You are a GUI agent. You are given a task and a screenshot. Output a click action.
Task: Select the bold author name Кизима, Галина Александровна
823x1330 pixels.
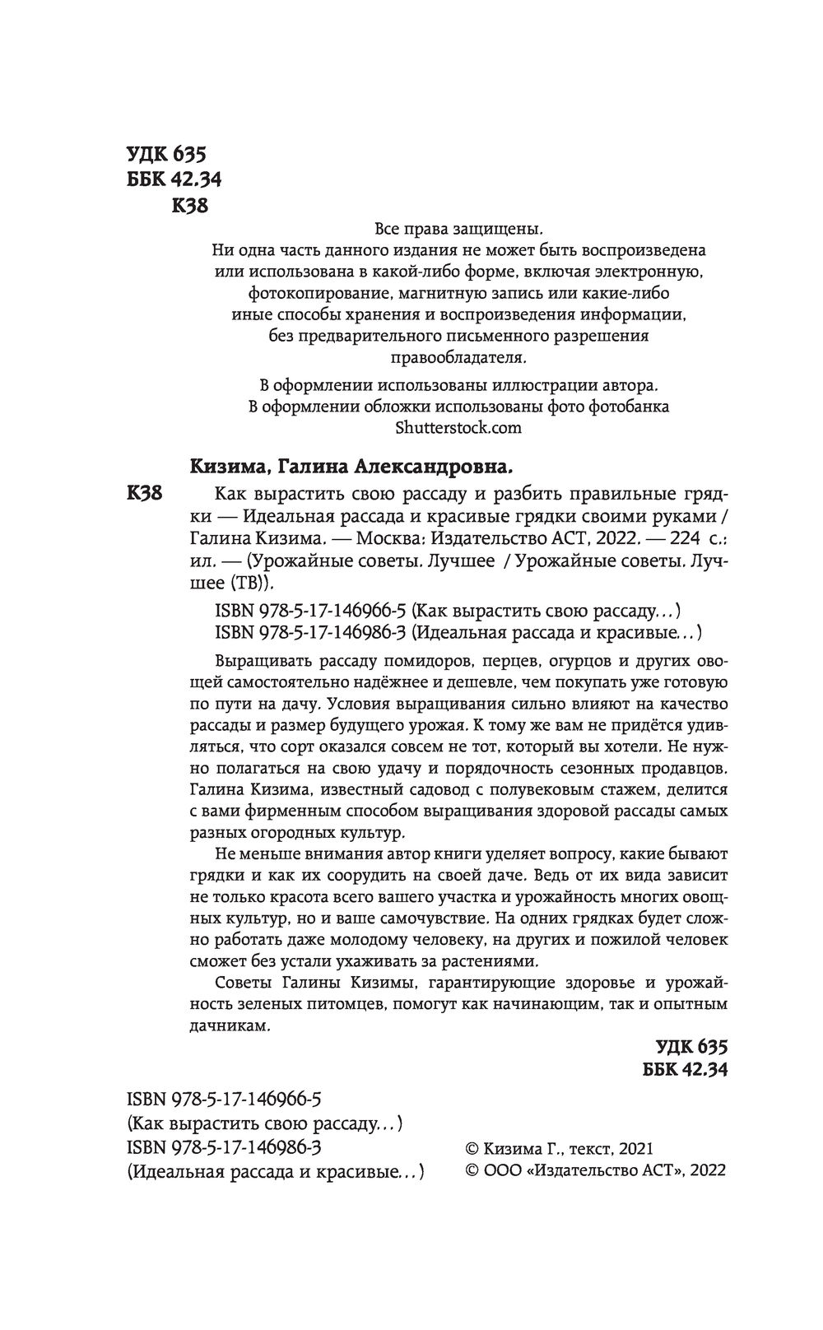(351, 467)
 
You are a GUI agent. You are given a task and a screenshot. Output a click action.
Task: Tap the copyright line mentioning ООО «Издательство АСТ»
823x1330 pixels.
(596, 1170)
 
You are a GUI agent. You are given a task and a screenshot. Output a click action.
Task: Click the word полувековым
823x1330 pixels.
(546, 788)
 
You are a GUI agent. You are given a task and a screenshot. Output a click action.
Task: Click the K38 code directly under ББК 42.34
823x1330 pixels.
(189, 206)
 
